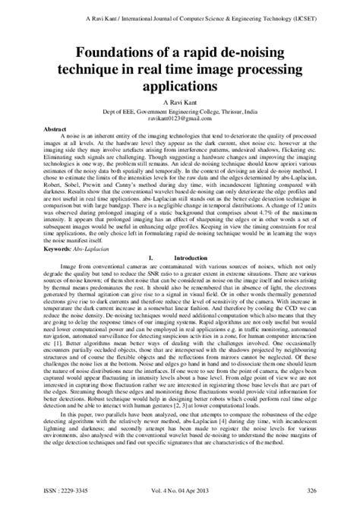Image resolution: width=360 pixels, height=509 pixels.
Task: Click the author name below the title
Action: [x=180, y=104]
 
